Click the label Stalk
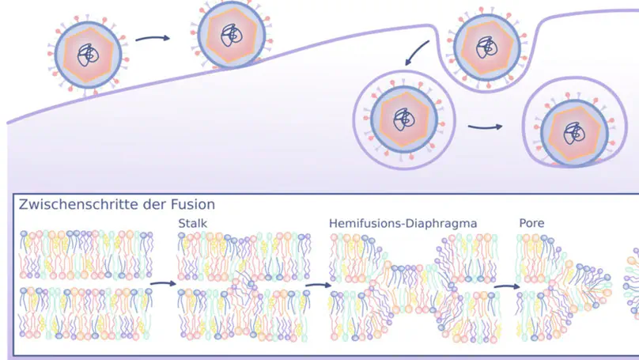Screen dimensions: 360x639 click(193, 224)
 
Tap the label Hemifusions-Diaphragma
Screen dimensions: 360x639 click(403, 224)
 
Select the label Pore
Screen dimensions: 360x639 click(531, 224)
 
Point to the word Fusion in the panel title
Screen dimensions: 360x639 click(193, 204)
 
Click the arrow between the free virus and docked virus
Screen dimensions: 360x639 click(153, 37)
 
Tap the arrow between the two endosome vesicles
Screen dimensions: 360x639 click(485, 126)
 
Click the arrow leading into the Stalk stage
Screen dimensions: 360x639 click(161, 282)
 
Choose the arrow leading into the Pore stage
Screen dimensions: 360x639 click(506, 287)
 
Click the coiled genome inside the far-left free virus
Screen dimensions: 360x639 click(88, 55)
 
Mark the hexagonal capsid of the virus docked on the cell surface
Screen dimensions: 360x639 click(230, 36)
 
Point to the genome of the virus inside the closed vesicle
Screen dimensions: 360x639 click(404, 118)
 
